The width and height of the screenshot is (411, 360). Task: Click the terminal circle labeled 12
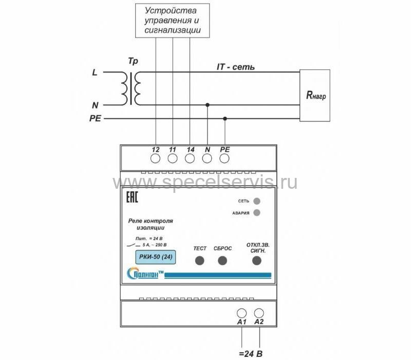click(x=156, y=158)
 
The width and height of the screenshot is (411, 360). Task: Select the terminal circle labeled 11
click(x=173, y=158)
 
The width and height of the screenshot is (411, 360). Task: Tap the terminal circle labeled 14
click(x=190, y=158)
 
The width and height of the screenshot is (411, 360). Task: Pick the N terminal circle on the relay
click(x=207, y=158)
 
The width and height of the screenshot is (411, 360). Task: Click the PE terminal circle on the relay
click(x=225, y=158)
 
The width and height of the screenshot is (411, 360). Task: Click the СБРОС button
click(x=222, y=261)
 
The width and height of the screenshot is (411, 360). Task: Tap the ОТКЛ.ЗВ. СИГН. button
click(x=257, y=261)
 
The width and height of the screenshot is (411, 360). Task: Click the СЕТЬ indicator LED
click(x=257, y=201)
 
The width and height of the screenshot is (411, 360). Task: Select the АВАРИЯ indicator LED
click(x=257, y=212)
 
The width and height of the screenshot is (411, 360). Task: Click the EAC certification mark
click(x=132, y=197)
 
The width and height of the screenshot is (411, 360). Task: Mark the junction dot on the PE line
click(x=225, y=118)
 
